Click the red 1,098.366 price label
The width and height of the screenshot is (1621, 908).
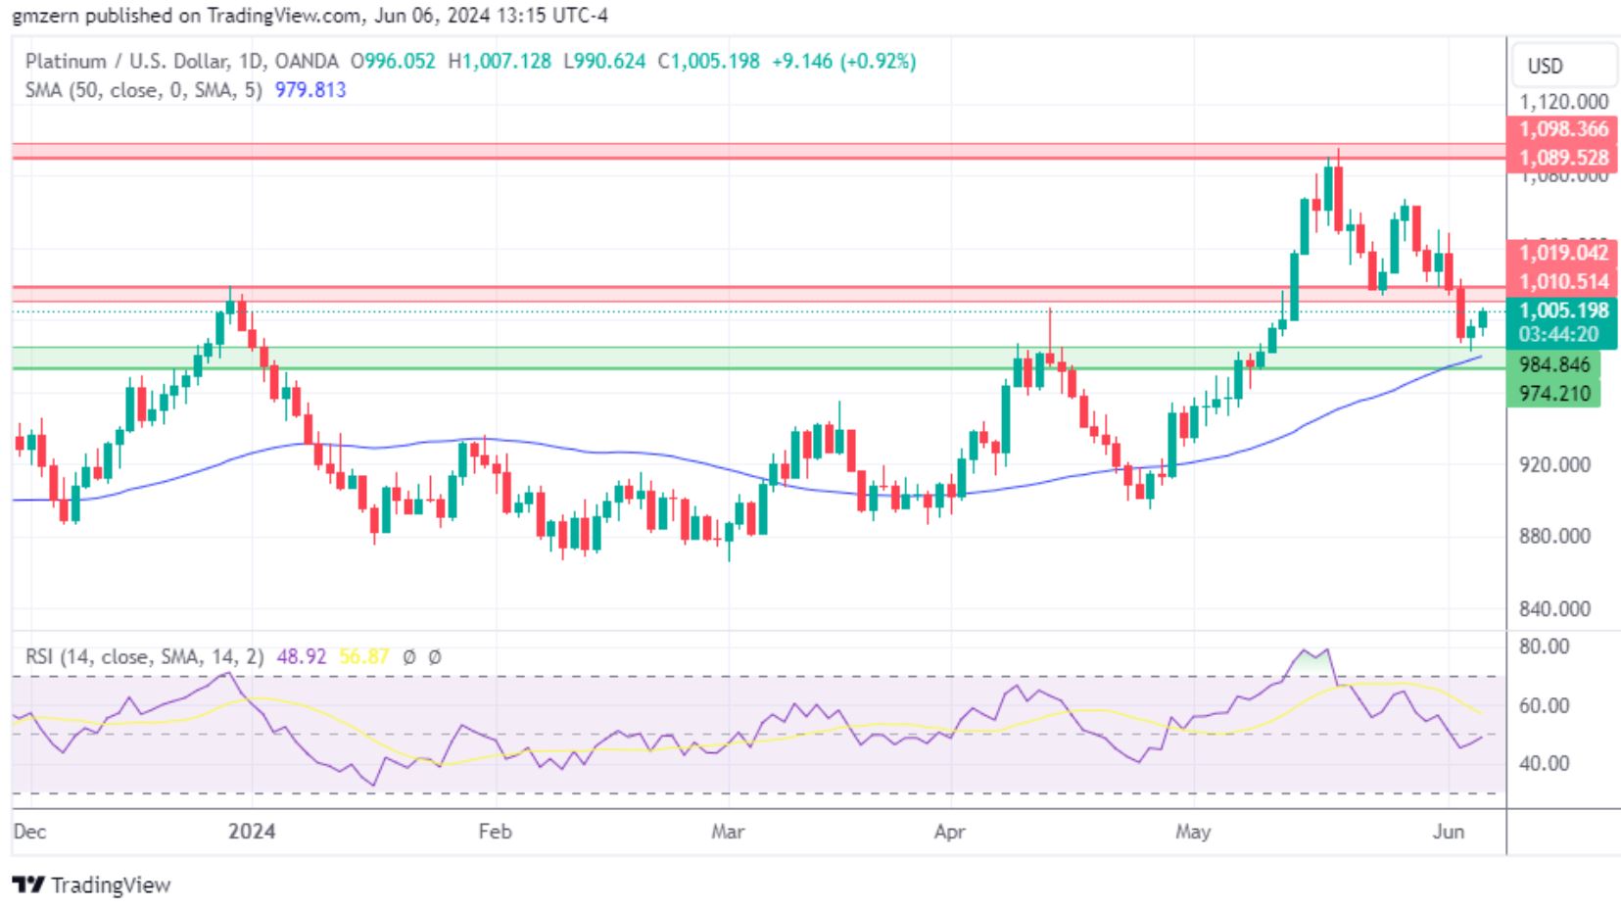click(1562, 129)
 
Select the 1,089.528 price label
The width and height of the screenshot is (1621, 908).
click(1562, 158)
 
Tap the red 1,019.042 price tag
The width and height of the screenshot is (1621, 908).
click(1562, 253)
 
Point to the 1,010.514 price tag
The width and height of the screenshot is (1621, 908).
click(1562, 282)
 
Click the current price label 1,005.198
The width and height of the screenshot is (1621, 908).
click(1562, 311)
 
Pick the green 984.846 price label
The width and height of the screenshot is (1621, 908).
click(1553, 365)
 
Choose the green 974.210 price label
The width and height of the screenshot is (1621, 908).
click(1553, 394)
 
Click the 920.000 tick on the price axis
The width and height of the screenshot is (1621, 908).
click(1553, 464)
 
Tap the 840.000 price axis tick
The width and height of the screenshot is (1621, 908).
click(1553, 609)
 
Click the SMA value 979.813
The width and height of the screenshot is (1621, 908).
click(310, 90)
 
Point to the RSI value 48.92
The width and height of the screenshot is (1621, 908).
click(301, 656)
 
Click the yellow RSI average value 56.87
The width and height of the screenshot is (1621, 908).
click(363, 656)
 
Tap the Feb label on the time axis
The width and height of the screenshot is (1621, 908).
click(495, 832)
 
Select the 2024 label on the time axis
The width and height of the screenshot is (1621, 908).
click(252, 832)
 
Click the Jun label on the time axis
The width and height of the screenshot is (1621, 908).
click(1448, 832)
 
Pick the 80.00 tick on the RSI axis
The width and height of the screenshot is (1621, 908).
click(1545, 646)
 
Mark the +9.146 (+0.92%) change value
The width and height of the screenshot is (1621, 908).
click(843, 62)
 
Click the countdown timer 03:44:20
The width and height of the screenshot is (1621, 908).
click(1558, 334)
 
